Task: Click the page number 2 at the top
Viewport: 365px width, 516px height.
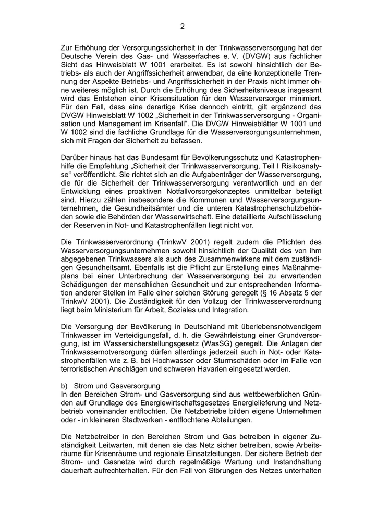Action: coord(182,26)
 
